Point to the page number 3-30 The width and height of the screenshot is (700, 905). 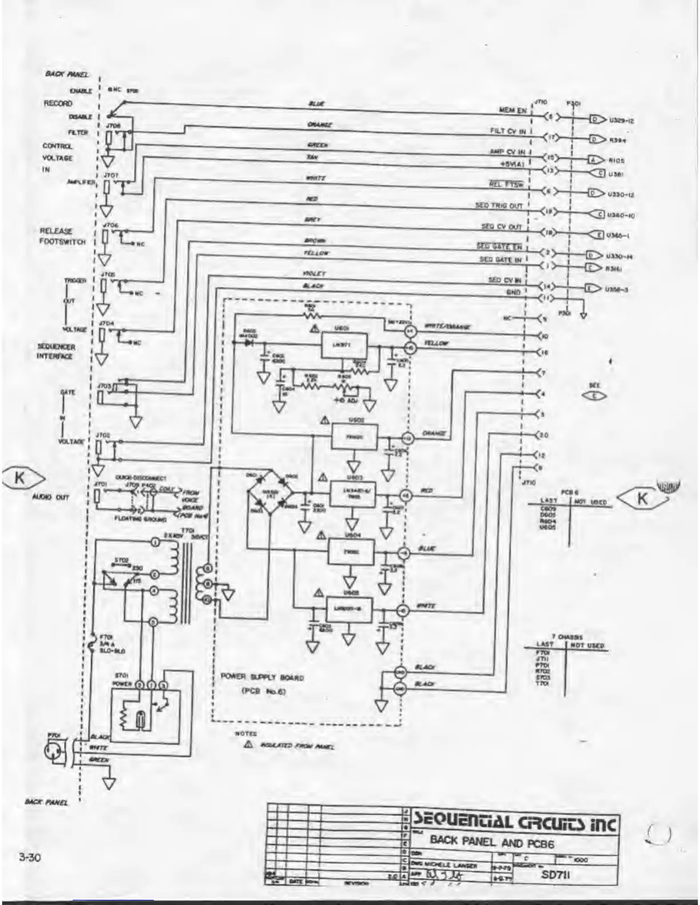[x=30, y=857]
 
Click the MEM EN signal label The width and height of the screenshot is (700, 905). [x=512, y=110]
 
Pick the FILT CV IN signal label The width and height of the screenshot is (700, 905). [x=507, y=131]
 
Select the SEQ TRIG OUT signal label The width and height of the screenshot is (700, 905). [x=499, y=205]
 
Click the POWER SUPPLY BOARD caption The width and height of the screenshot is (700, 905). [x=262, y=678]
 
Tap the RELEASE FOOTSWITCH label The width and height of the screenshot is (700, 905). [x=63, y=236]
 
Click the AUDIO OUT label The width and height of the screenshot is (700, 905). [x=50, y=497]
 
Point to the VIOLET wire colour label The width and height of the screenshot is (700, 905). [x=314, y=275]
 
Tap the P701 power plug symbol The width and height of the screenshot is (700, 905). [x=55, y=754]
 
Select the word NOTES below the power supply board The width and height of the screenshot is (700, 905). [x=246, y=733]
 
